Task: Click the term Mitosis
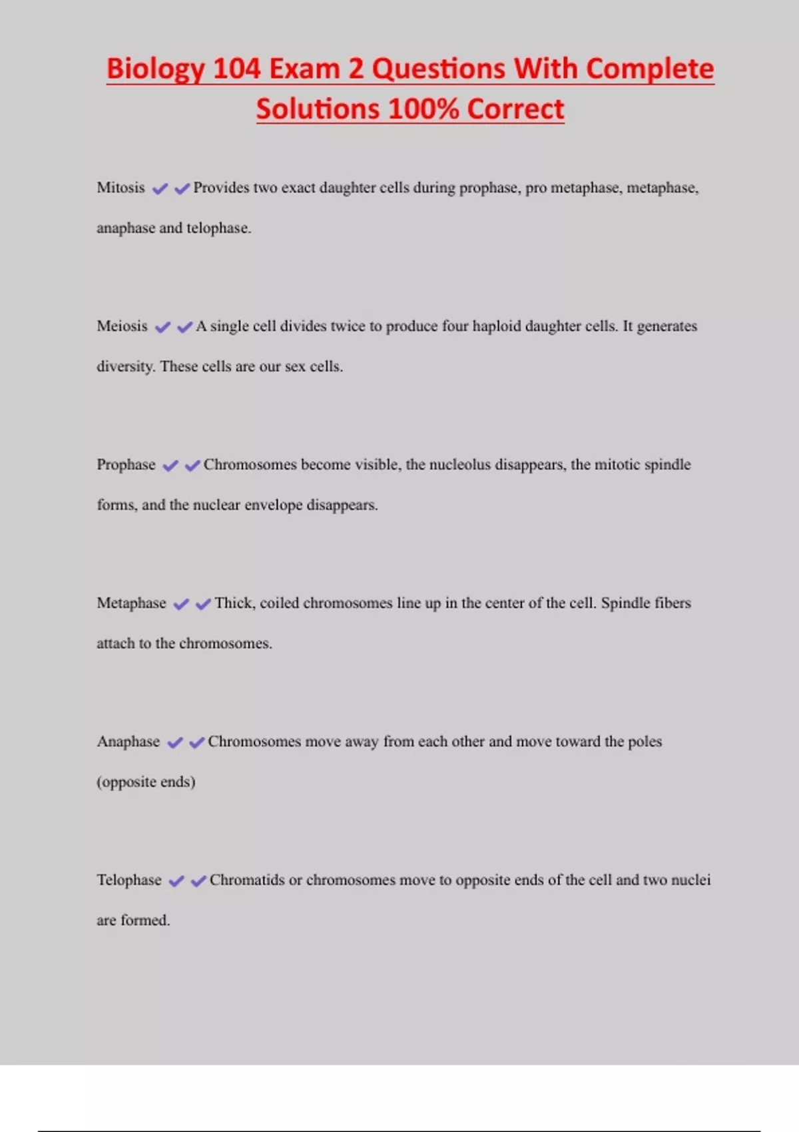pyautogui.click(x=121, y=188)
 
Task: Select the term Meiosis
pyautogui.click(x=122, y=326)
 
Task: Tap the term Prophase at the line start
pyautogui.click(x=126, y=465)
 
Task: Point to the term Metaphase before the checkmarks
pyautogui.click(x=131, y=603)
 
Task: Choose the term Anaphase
pyautogui.click(x=129, y=742)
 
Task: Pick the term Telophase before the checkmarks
pyautogui.click(x=129, y=880)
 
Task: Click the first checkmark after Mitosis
pyautogui.click(x=160, y=189)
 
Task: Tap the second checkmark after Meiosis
pyautogui.click(x=184, y=327)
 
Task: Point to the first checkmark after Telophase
pyautogui.click(x=176, y=882)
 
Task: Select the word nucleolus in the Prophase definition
pyautogui.click(x=461, y=465)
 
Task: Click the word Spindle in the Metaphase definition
pyautogui.click(x=623, y=603)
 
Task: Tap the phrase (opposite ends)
pyautogui.click(x=146, y=782)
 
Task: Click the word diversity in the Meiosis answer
pyautogui.click(x=126, y=367)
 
